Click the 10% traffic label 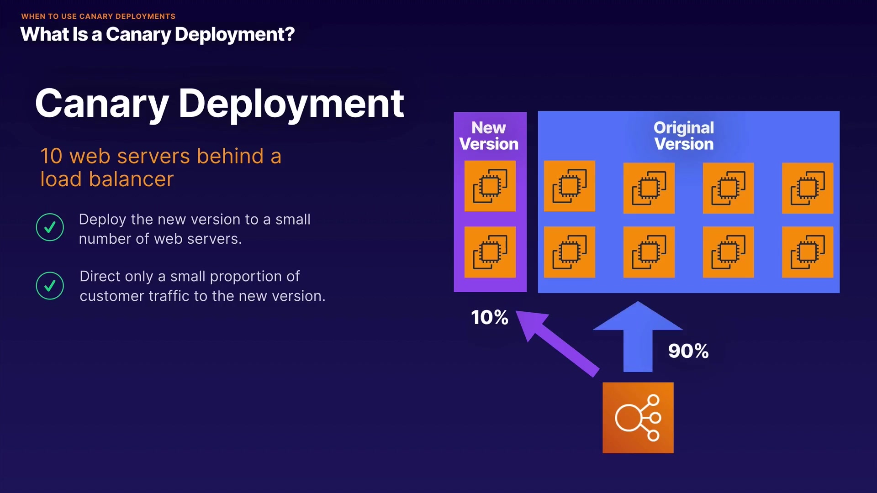pos(489,317)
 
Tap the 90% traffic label pos(688,351)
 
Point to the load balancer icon pos(638,418)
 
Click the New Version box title pos(489,136)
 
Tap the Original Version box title pos(683,136)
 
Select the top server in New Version pos(490,186)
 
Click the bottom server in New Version pos(490,252)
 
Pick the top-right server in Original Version pos(807,188)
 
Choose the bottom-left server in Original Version pos(569,252)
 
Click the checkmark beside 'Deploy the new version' pos(50,227)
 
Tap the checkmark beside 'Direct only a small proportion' pos(50,286)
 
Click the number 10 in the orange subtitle pos(51,156)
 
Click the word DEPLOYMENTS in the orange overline pos(145,16)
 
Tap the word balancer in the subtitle pos(131,179)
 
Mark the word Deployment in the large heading pos(291,104)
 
